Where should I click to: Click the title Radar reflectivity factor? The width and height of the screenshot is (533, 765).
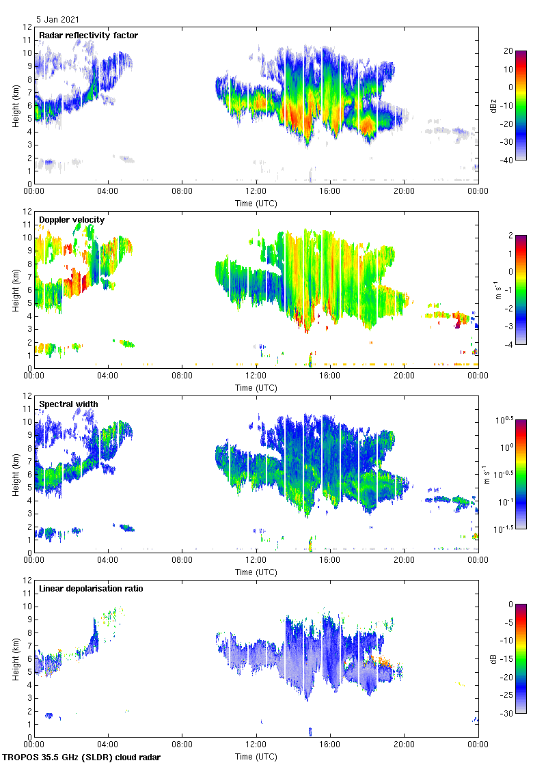88,35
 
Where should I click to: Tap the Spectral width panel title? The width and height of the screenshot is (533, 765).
68,404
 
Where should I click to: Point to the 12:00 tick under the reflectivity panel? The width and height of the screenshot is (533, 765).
256,192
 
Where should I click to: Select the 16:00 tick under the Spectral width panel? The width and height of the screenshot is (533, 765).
330,561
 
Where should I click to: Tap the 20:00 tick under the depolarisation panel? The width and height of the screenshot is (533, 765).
405,745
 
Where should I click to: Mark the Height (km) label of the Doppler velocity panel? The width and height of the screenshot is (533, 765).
15,290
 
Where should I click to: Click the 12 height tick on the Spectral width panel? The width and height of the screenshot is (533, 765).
27,395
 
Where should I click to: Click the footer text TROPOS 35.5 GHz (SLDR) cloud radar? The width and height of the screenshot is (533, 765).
82,757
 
